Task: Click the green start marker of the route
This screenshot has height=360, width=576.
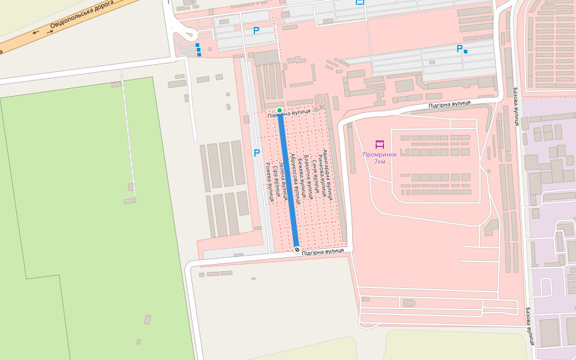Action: [280, 110]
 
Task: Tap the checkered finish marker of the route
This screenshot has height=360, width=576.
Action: [297, 250]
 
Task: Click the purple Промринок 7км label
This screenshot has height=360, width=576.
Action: [380, 158]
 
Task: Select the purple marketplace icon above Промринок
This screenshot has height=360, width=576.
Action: [379, 144]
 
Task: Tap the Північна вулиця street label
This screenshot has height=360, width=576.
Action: [289, 112]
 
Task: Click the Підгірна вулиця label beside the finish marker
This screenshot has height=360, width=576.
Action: [323, 252]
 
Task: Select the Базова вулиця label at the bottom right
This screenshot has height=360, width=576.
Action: [530, 327]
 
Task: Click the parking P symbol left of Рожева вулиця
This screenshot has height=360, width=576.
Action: [257, 153]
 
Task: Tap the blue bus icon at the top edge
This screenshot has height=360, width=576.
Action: [359, 2]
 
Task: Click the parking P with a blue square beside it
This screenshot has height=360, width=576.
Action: [460, 49]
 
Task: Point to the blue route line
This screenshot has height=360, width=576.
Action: [289, 180]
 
